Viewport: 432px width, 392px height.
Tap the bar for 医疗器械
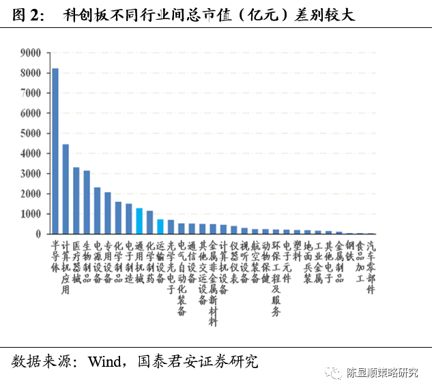click(x=76, y=200)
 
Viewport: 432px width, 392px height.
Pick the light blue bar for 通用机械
click(x=139, y=221)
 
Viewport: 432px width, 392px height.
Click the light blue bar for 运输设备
click(x=160, y=226)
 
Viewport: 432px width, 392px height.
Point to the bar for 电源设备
click(x=97, y=211)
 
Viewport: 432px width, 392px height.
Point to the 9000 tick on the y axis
click(x=31, y=52)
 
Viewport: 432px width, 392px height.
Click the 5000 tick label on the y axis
click(x=31, y=133)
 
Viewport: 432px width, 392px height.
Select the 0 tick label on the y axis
click(x=38, y=234)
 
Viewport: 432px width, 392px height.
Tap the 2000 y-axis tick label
click(x=31, y=194)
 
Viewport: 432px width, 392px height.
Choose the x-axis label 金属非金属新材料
click(x=213, y=282)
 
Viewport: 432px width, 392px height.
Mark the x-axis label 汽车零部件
click(x=371, y=267)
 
